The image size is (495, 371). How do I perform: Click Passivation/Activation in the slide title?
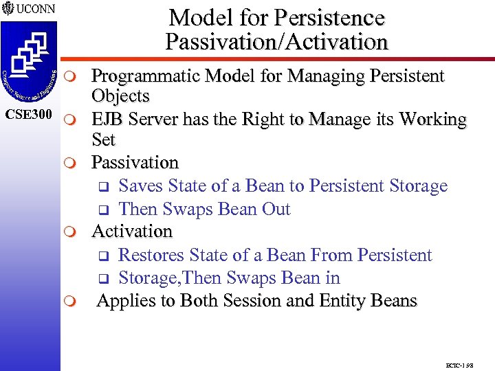pyautogui.click(x=276, y=42)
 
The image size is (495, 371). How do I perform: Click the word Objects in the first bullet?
pyautogui.click(x=120, y=96)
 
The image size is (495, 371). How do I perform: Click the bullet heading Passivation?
pyautogui.click(x=135, y=163)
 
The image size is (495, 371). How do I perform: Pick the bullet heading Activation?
pyautogui.click(x=132, y=232)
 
